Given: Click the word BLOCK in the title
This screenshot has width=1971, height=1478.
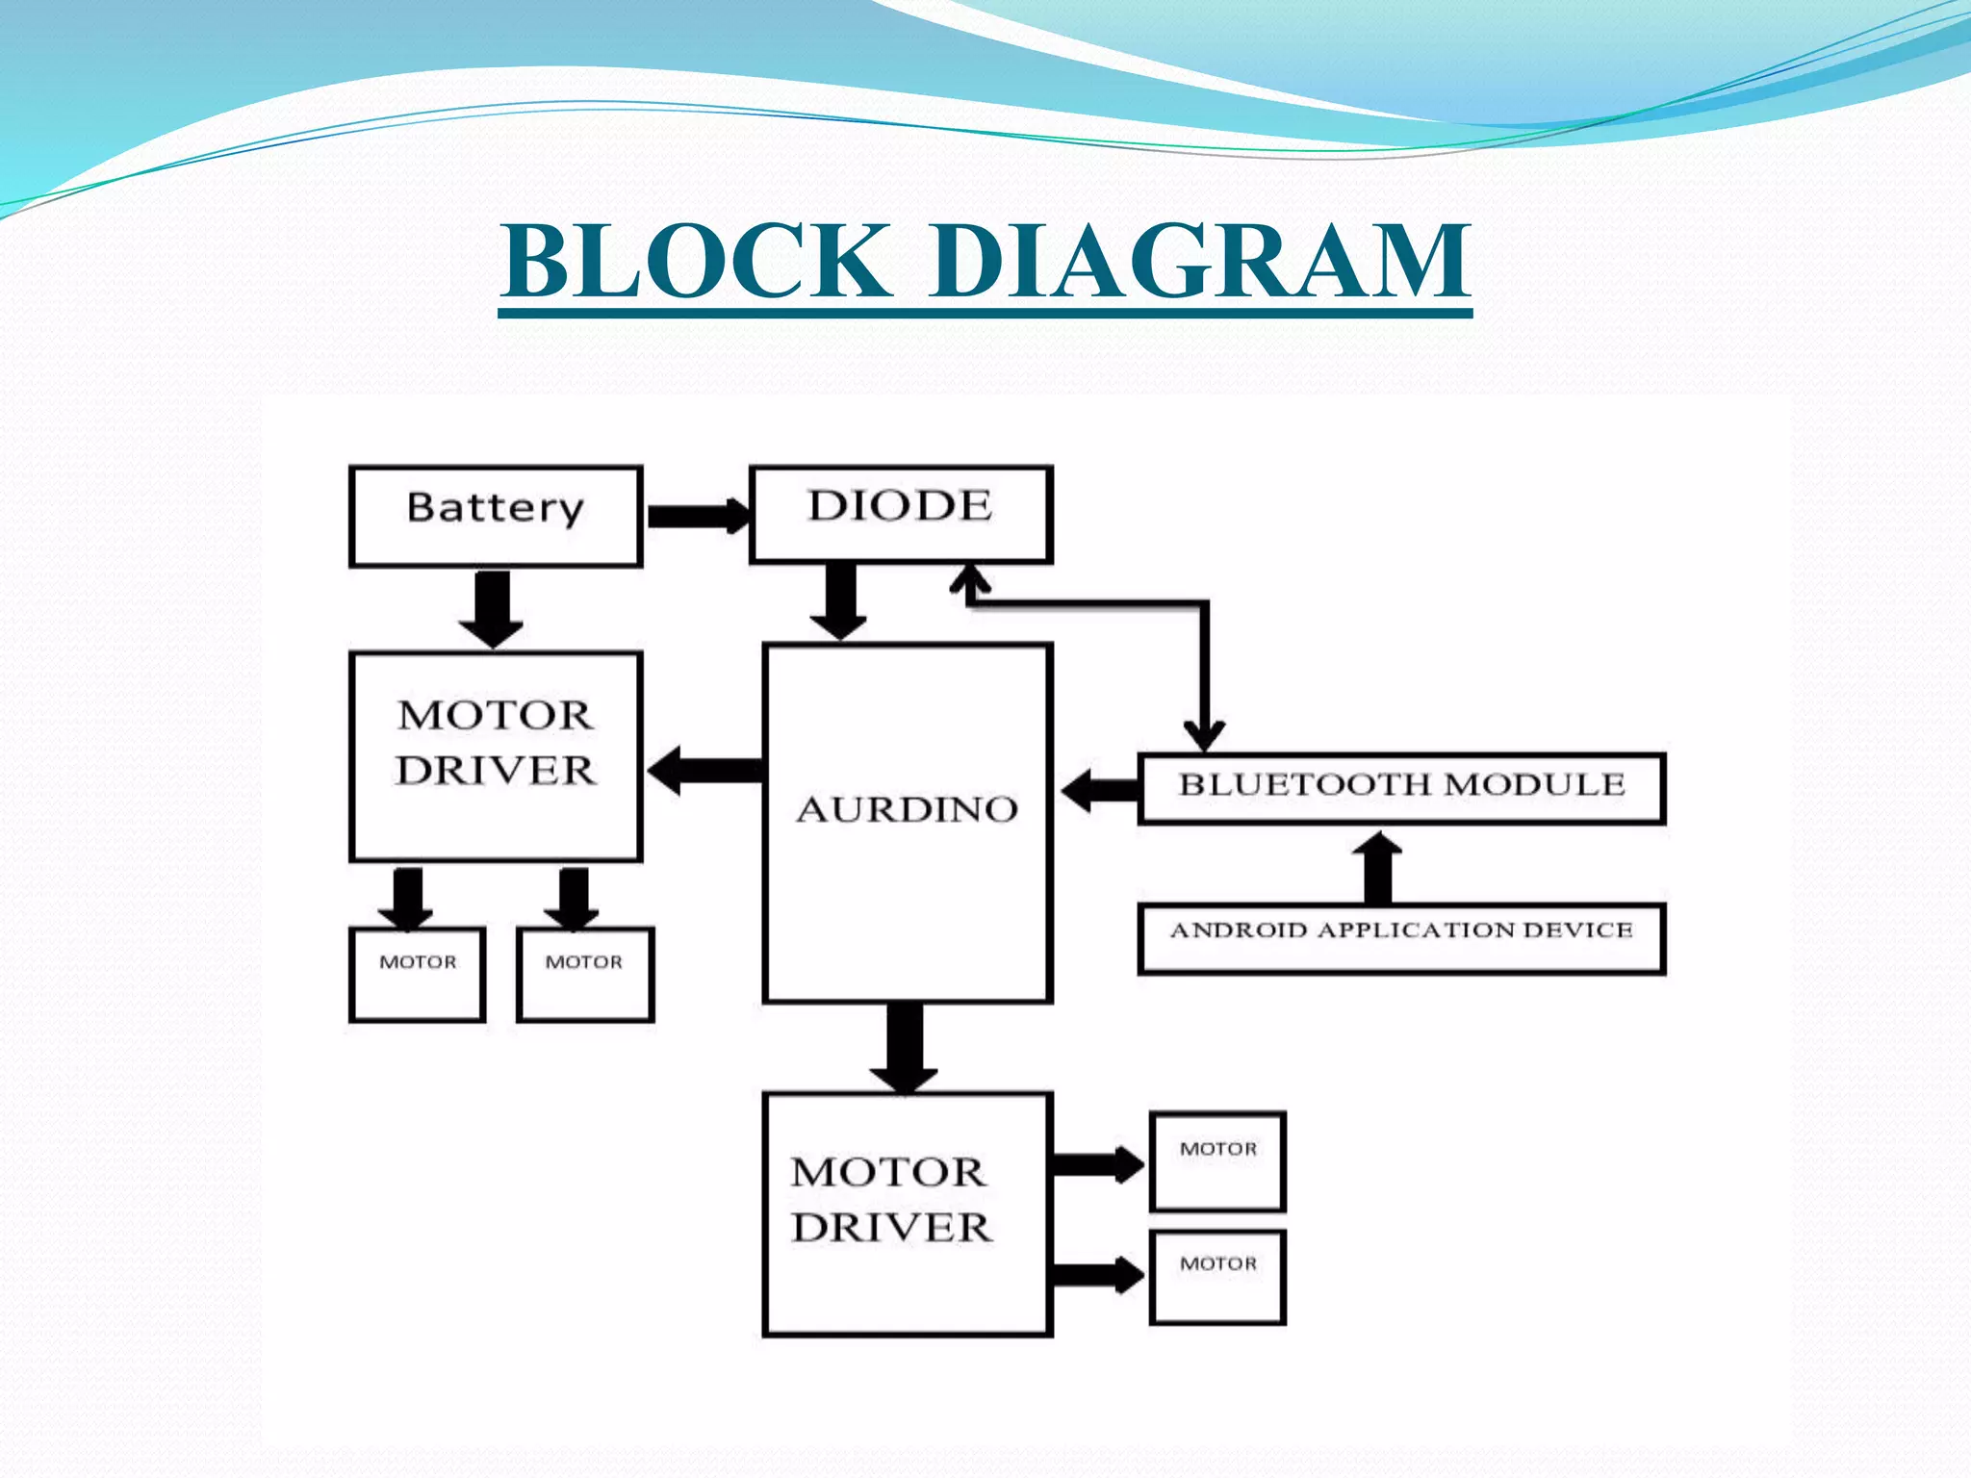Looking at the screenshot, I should point(695,262).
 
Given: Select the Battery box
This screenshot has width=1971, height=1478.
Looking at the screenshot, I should point(495,516).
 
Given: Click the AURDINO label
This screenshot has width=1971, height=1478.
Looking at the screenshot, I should point(907,809).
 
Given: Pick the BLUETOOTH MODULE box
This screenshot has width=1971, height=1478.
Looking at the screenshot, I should point(1401,788).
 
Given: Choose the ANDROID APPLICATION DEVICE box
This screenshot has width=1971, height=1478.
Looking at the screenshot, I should point(1401,937).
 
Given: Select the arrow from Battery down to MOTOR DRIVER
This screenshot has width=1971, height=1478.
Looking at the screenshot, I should point(492,607).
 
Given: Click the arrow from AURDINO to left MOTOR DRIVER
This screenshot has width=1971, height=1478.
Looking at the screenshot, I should point(705,770).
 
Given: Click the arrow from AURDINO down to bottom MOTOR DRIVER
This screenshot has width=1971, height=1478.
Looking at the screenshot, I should point(904,1046).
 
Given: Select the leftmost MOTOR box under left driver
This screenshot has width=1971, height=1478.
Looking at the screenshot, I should point(417,974).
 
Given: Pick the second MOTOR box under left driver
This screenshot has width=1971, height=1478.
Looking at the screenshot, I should point(584,974).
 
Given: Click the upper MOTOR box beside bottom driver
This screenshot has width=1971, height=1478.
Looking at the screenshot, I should point(1217,1161).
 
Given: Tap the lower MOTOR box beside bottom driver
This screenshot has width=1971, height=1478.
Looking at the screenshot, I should point(1217,1277).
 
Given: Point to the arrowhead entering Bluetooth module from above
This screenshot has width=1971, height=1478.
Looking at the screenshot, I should point(1204,735).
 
